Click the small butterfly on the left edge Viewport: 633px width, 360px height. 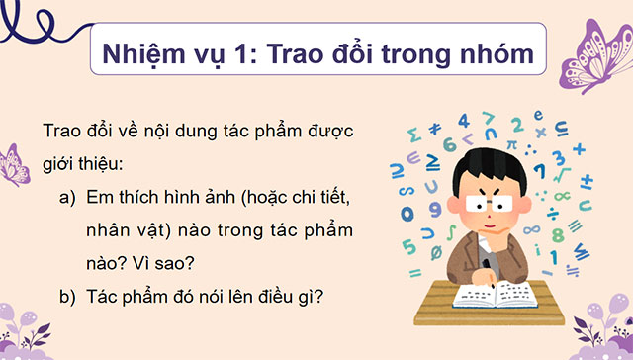click(x=12, y=163)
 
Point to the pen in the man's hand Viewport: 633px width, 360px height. click(x=486, y=268)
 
